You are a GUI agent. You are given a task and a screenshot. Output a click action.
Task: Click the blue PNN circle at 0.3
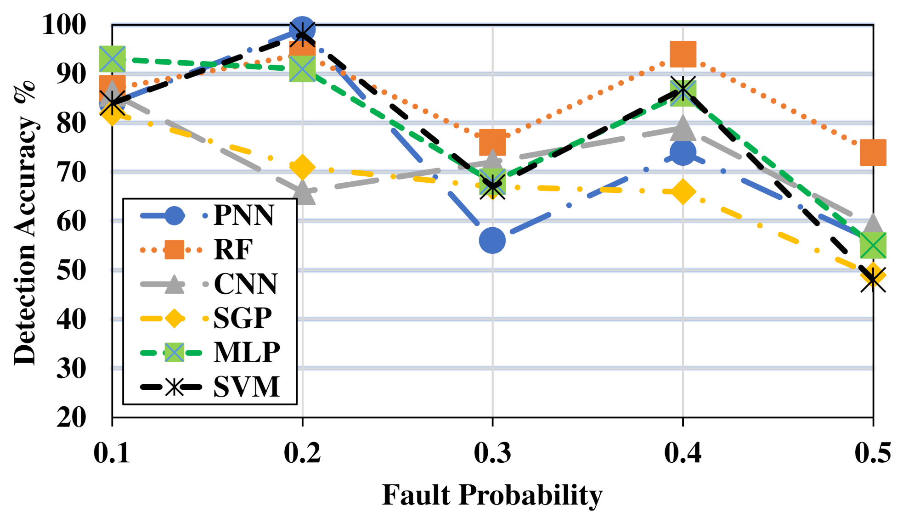pyautogui.click(x=492, y=240)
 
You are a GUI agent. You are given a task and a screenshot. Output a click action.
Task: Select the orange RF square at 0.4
pyautogui.click(x=683, y=54)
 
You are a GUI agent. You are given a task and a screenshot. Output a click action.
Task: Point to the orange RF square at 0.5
pyautogui.click(x=873, y=152)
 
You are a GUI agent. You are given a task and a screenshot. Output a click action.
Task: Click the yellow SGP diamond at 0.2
pyautogui.click(x=302, y=167)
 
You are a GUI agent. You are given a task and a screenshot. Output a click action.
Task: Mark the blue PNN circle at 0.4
pyautogui.click(x=683, y=152)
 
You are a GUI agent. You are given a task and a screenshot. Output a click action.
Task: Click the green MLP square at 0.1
pyautogui.click(x=112, y=59)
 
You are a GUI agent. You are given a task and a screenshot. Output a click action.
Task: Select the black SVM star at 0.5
pyautogui.click(x=873, y=278)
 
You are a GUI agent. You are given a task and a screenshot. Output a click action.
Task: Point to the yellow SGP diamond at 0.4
pyautogui.click(x=683, y=191)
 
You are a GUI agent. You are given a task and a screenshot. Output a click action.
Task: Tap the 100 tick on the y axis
pyautogui.click(x=64, y=25)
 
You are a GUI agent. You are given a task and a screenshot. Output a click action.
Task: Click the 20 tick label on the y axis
pyautogui.click(x=71, y=417)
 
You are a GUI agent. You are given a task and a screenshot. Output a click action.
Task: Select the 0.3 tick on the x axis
pyautogui.click(x=492, y=454)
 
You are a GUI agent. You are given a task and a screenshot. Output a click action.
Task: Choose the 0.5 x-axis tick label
pyautogui.click(x=873, y=454)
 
